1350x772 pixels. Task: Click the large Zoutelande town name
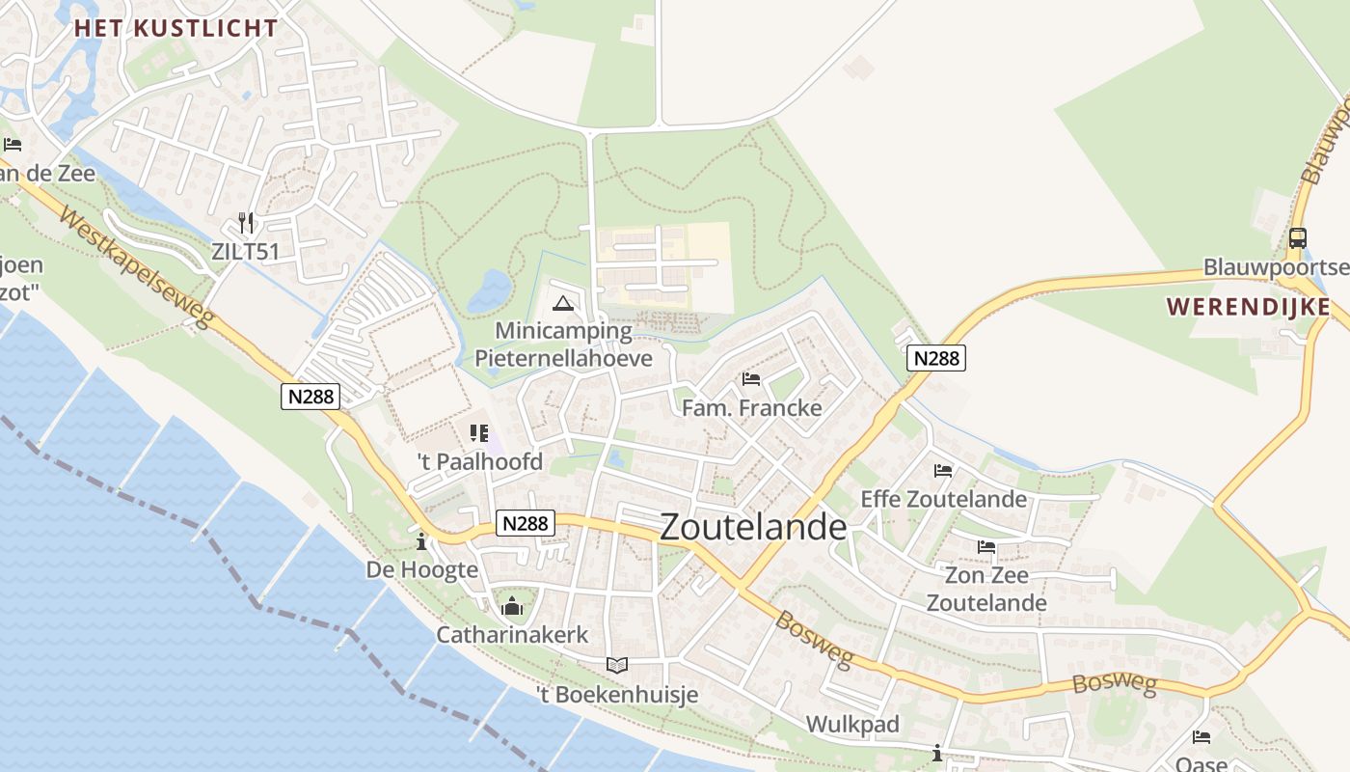[753, 527]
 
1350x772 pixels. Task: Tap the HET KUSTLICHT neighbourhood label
[176, 28]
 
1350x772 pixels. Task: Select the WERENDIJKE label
[1248, 308]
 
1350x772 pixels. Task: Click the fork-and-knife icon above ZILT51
[246, 224]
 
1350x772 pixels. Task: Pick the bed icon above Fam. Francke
[751, 379]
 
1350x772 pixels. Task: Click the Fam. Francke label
[751, 407]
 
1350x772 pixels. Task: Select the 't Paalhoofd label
[479, 461]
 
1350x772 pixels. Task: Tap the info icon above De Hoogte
[421, 541]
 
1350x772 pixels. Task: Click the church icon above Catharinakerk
[512, 606]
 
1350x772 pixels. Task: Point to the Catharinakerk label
[512, 635]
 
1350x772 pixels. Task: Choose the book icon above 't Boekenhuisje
[617, 665]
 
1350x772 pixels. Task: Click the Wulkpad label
[852, 724]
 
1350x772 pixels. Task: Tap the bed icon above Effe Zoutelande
[943, 471]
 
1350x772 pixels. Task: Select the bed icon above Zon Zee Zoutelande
[986, 546]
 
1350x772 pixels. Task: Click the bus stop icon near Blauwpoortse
[1298, 237]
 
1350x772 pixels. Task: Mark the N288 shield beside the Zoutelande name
[526, 523]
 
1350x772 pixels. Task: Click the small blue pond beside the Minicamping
[490, 291]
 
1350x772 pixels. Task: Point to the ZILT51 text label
[246, 252]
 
